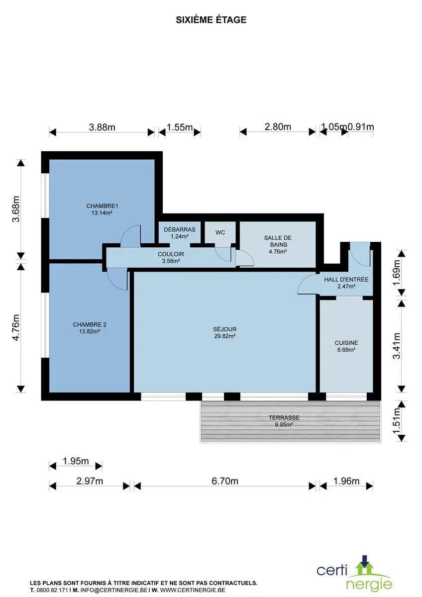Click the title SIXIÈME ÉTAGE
pos(211,20)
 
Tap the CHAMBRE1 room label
pos(102,206)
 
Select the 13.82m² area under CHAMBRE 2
pos(90,331)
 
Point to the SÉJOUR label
pos(225,329)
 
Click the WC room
pos(220,232)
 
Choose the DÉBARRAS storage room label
pos(180,229)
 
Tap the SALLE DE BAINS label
pos(278,241)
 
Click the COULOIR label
pos(171,254)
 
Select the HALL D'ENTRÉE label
pos(346,279)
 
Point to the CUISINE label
pos(346,343)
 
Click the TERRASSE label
pos(284,417)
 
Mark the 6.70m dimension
pos(225,481)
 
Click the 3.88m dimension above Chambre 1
pos(102,127)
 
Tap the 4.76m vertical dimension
pos(16,327)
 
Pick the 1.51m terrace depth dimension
pos(397,421)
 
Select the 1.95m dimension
pos(76,461)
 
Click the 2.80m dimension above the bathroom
pos(278,127)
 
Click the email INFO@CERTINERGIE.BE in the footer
pos(114,590)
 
